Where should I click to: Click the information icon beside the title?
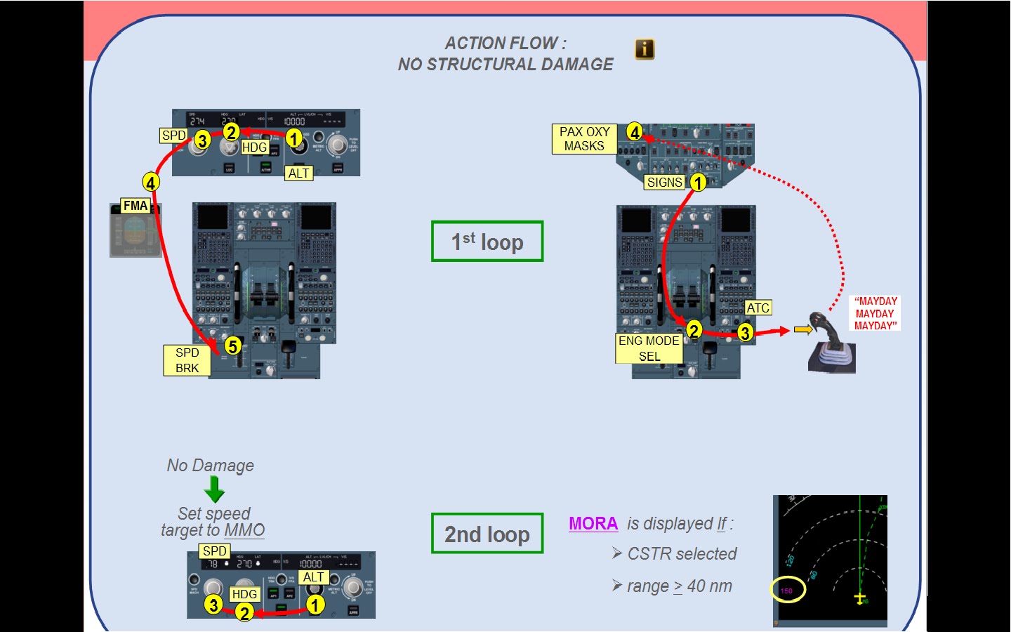coord(645,49)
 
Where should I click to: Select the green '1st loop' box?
coord(487,242)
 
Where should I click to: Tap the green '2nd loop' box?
coord(487,534)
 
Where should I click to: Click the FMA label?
coord(135,206)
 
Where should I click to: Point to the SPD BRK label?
coord(187,360)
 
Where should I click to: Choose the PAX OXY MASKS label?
coord(584,139)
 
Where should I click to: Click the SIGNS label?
coord(664,183)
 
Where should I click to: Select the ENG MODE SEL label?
coord(649,348)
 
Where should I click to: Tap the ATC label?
coord(758,308)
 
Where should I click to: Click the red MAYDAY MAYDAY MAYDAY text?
coord(875,313)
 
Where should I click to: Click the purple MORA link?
coord(593,524)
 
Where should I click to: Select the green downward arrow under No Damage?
coord(214,489)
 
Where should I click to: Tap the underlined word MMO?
coord(244,530)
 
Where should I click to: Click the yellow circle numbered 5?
coord(232,345)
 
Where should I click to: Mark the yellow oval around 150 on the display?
coord(788,591)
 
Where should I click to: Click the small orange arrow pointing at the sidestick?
coord(802,329)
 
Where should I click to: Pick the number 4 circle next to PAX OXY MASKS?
coord(635,132)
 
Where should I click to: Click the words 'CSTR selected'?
coord(682,554)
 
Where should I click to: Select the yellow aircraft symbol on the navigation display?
coord(860,598)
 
